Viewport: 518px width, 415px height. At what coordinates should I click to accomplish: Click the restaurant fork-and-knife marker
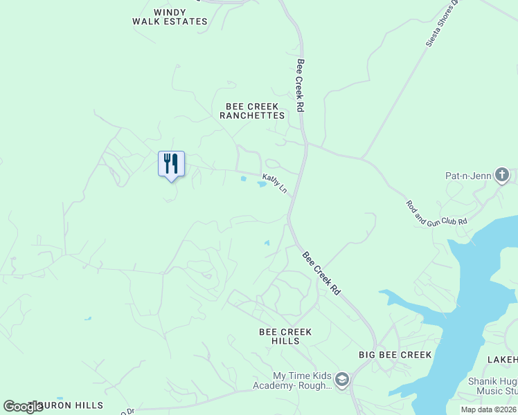[171, 164]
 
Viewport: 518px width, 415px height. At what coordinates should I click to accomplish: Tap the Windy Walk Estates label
[170, 17]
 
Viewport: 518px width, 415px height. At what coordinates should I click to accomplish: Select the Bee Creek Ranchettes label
[252, 111]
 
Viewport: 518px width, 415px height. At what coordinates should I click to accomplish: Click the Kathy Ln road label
[274, 183]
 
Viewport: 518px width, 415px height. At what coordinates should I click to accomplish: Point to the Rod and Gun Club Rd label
[436, 212]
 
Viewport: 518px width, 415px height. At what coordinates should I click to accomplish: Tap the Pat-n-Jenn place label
[468, 176]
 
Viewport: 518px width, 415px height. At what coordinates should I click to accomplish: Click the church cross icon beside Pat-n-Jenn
[502, 176]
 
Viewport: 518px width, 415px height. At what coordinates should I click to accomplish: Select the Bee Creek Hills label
[285, 336]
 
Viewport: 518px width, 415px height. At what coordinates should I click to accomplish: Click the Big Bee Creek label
[395, 355]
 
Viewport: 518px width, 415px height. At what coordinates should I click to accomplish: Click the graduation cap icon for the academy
[341, 380]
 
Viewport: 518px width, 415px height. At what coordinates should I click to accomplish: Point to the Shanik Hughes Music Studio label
[492, 387]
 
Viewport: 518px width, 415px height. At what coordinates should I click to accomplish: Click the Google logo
[23, 407]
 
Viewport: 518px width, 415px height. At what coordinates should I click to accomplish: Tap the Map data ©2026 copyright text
[488, 409]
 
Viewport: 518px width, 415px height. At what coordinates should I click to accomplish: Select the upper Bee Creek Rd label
[300, 85]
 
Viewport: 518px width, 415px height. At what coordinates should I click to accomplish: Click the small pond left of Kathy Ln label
[243, 179]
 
